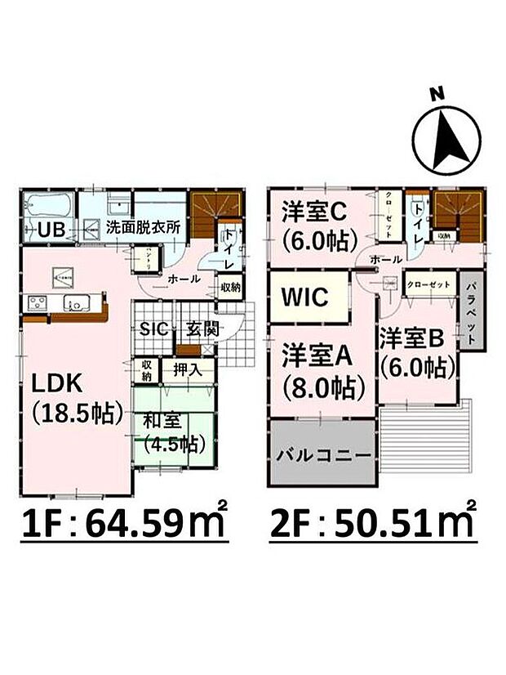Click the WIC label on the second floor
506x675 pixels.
305,297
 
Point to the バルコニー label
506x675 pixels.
322,455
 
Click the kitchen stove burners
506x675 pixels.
38,303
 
